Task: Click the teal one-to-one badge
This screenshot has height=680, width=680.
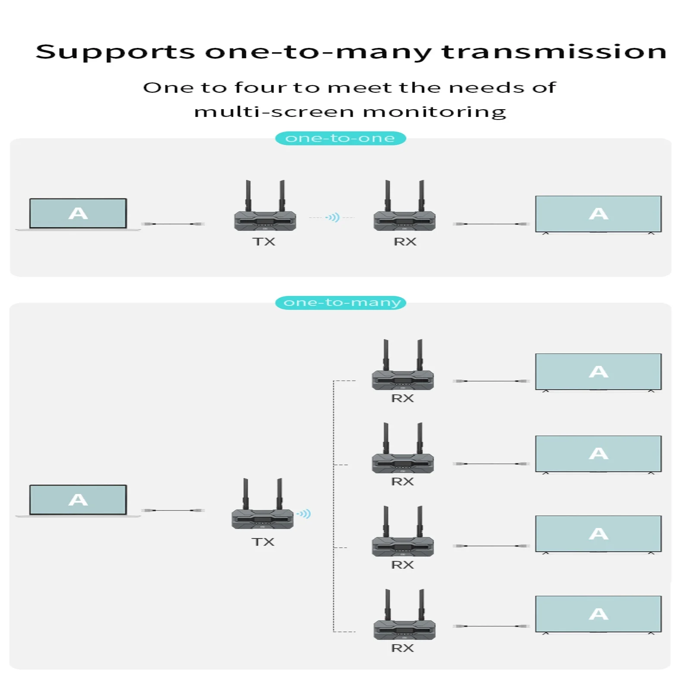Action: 340,138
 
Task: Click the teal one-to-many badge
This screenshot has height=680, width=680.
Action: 341,302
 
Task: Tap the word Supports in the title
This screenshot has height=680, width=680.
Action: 115,53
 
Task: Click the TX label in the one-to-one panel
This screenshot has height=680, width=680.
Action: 264,242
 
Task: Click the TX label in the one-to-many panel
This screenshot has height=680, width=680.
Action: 263,542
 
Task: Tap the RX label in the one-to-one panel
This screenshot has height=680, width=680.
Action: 405,242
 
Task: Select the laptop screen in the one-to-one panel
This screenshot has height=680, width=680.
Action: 78,213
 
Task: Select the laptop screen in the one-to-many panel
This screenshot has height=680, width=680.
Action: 78,500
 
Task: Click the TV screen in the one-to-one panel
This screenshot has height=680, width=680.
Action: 598,214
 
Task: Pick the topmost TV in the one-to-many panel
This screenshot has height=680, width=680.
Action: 598,371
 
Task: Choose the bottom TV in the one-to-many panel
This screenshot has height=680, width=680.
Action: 598,614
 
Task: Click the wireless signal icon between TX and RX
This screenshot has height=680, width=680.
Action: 333,217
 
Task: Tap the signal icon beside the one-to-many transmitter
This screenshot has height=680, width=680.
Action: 304,513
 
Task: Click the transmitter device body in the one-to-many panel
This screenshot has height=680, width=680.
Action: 262,519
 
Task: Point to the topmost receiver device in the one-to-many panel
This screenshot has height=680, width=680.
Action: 403,380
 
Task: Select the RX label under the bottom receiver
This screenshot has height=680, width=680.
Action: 402,648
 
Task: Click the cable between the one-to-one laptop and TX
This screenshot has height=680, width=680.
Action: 173,224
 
